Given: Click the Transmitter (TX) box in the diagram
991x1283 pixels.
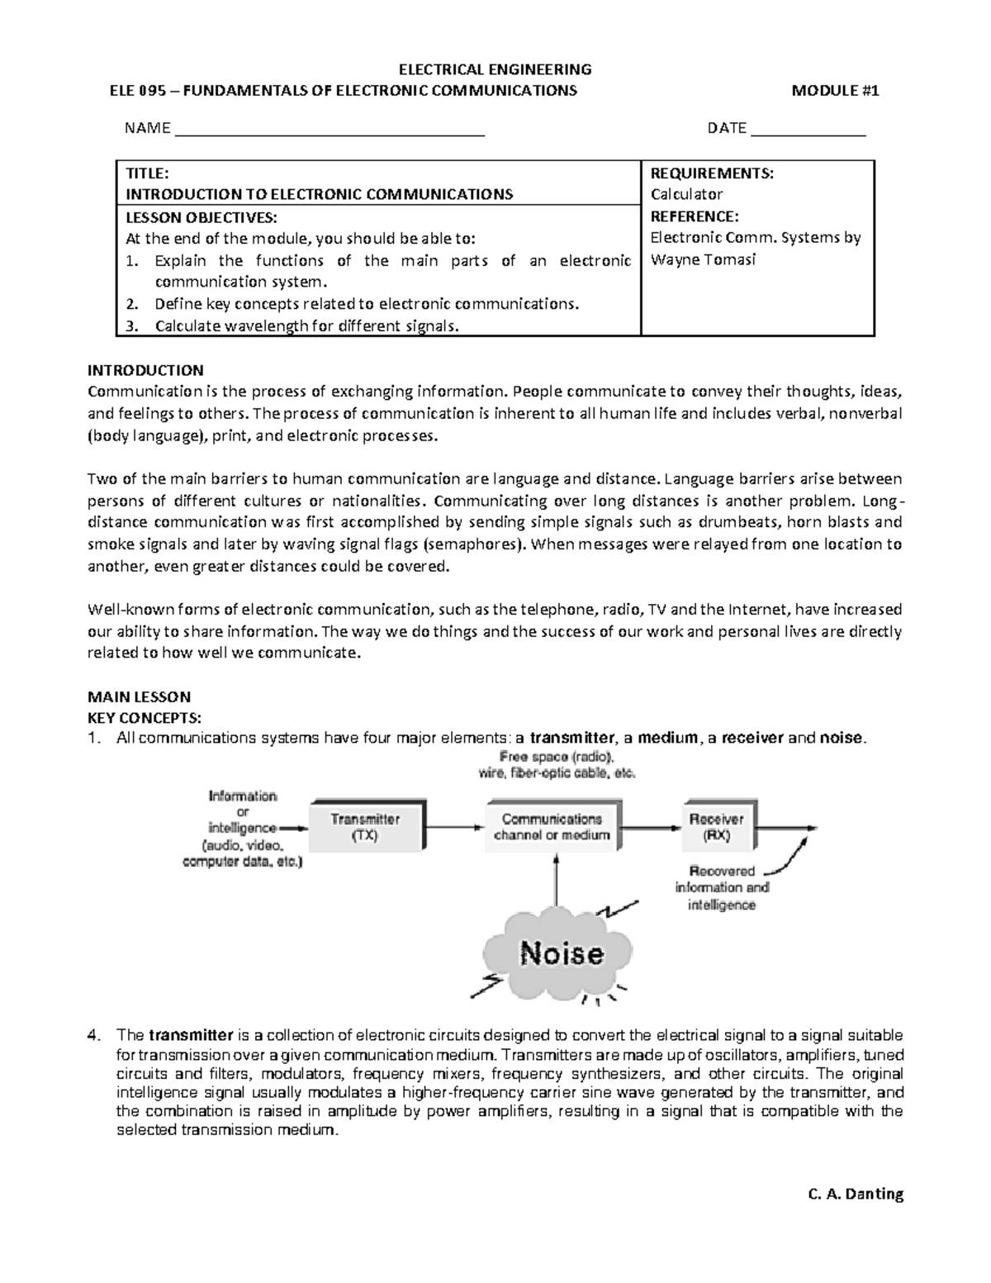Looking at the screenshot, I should point(365,826).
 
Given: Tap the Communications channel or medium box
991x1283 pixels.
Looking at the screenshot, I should point(552,826).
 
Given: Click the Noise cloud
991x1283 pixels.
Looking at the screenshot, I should point(561,954).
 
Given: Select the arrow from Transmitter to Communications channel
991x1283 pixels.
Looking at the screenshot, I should point(455,827).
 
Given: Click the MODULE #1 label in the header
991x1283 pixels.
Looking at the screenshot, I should point(835,91).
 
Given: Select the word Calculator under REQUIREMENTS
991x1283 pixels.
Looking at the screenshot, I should point(686,194).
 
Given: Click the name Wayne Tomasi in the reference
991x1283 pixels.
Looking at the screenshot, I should point(691,259).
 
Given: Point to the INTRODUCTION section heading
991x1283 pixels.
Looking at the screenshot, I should point(145,370).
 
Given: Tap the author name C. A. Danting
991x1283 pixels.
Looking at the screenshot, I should point(853,1194).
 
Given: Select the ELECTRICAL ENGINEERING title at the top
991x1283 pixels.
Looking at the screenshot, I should point(495,69).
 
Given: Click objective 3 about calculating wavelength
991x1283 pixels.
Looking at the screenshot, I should point(306,326).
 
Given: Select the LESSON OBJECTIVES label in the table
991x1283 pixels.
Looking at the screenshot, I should point(196,217).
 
